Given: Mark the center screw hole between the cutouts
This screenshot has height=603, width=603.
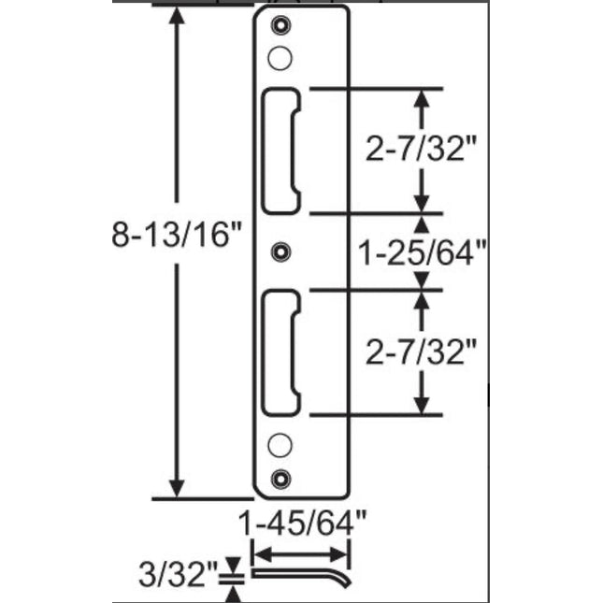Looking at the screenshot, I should coord(278,251).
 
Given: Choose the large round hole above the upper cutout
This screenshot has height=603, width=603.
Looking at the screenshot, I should coord(278,58).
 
